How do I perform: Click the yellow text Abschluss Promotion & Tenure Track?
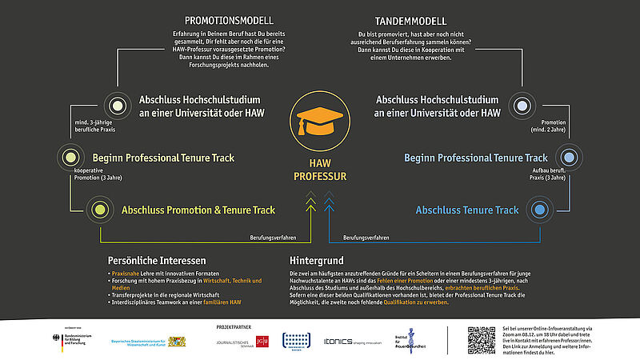pyautogui.click(x=198, y=210)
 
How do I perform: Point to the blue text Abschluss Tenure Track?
pyautogui.click(x=467, y=210)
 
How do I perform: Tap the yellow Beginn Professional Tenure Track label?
pyautogui.click(x=163, y=158)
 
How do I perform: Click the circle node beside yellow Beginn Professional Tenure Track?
pyautogui.click(x=71, y=158)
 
